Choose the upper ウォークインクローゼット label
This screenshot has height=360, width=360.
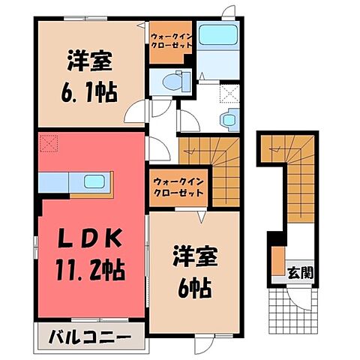coord(172,40)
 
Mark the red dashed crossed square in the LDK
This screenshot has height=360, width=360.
coord(49,141)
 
